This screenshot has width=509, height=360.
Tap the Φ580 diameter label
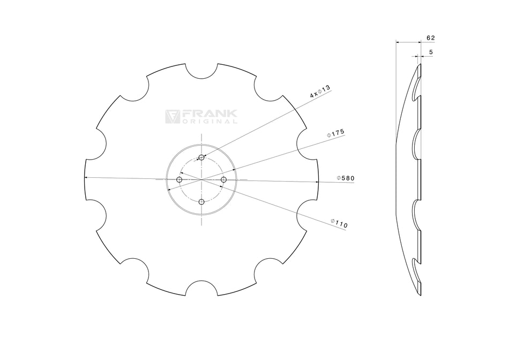[346, 178]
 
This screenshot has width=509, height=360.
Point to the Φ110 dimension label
[339, 223]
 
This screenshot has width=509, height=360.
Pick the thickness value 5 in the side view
[431, 52]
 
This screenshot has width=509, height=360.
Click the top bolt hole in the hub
[201, 157]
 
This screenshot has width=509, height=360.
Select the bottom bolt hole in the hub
[201, 202]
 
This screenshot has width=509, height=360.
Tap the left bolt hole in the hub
[179, 179]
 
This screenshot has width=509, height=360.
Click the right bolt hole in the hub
[224, 179]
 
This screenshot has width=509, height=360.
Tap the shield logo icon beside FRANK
[172, 117]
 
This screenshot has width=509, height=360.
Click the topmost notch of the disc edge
[201, 71]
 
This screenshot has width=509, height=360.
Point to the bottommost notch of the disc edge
[201, 288]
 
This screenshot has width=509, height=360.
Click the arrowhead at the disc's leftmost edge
[87, 177]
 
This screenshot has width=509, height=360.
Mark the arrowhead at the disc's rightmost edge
[317, 182]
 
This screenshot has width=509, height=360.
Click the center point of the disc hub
[201, 179]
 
